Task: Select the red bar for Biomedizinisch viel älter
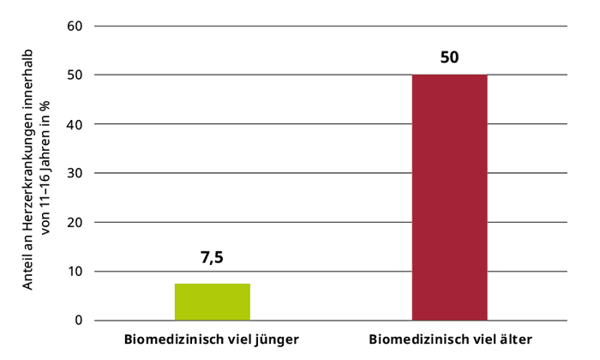450,197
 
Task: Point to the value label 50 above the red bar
450,58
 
